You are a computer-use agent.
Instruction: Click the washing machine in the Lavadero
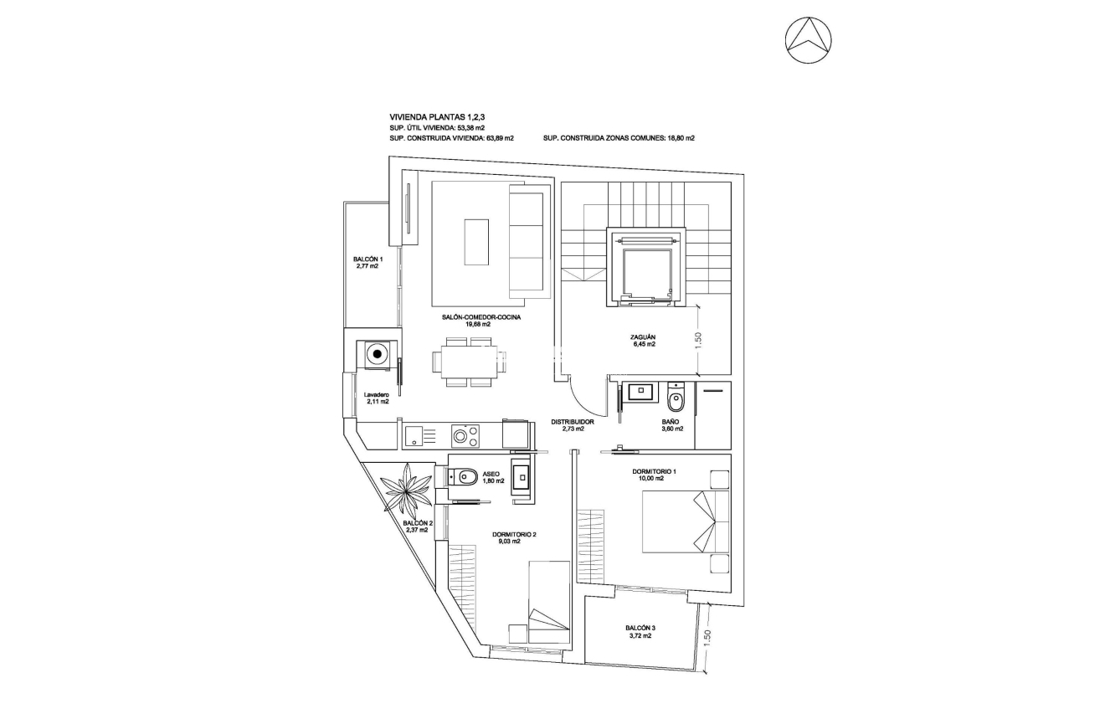[378, 354]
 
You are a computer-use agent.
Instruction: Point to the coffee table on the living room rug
[476, 241]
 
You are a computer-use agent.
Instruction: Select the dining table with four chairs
[469, 362]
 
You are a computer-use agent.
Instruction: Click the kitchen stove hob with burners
[465, 435]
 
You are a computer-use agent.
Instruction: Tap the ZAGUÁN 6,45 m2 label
[643, 340]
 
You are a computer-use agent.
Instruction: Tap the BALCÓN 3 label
[640, 632]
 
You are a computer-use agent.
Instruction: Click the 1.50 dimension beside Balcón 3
[707, 639]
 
